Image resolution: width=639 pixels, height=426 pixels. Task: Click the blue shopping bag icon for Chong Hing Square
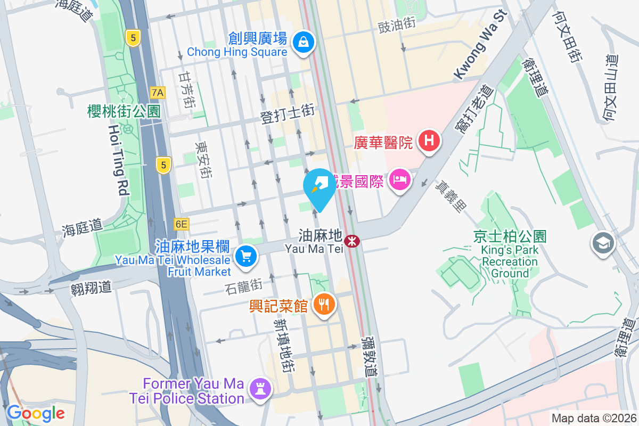[303, 40]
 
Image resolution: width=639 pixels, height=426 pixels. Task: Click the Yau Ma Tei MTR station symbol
[351, 241]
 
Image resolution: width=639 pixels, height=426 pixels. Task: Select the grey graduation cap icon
[603, 243]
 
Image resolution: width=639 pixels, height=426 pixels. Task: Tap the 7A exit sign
[158, 93]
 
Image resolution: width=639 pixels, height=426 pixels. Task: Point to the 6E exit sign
[181, 225]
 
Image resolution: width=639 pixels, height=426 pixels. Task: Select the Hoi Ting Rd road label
[118, 160]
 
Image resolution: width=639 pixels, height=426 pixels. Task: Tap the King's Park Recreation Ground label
[510, 255]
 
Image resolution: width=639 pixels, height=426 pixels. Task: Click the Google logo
[36, 413]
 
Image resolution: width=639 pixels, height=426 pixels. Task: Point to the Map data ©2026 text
[594, 419]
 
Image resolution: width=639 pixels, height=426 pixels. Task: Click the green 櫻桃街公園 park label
[124, 111]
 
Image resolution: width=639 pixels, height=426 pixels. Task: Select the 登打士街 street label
[288, 113]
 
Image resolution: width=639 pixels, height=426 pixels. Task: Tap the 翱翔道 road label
[91, 288]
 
